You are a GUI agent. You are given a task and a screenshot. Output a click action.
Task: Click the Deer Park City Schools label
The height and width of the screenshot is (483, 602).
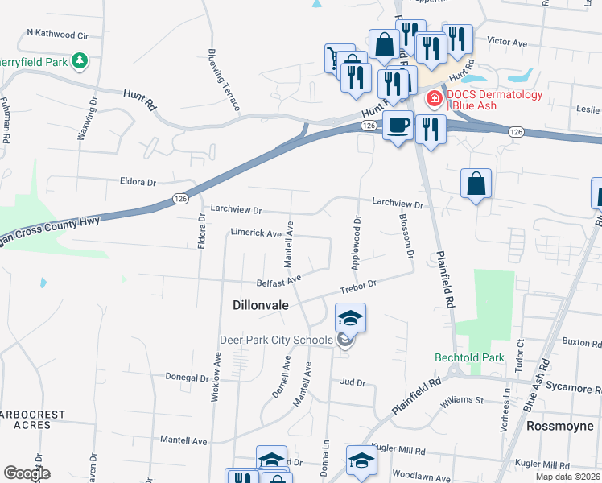(x=276, y=340)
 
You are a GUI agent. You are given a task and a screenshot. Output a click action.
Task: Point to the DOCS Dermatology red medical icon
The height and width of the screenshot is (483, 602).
(x=433, y=99)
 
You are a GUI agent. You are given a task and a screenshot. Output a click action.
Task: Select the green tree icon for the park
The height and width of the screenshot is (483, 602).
(x=80, y=60)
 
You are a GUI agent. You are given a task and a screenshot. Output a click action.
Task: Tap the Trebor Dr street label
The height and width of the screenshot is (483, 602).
(x=358, y=286)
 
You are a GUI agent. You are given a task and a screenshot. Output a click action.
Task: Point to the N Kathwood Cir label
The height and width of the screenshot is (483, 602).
(x=57, y=34)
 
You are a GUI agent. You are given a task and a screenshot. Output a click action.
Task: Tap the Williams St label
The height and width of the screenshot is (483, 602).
(x=461, y=398)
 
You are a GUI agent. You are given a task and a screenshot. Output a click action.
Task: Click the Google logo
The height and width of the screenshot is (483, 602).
(x=27, y=473)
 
